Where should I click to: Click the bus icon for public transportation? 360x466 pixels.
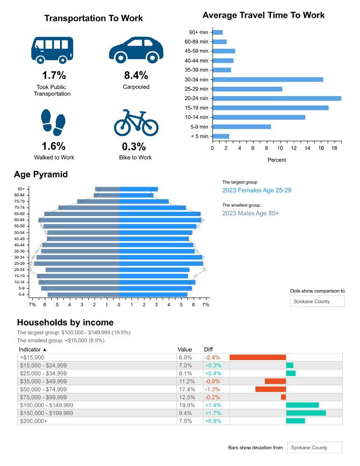tap(52, 49)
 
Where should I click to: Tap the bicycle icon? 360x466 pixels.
tap(136, 123)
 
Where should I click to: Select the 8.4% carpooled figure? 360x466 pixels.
tap(136, 75)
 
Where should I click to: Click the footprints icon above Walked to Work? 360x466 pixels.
tap(53, 121)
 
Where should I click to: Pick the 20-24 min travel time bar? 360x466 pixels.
tap(277, 98)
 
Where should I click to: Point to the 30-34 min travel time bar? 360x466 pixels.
tap(268, 80)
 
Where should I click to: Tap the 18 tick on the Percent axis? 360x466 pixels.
tap(335, 148)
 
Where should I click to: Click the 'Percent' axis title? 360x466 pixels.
tap(277, 160)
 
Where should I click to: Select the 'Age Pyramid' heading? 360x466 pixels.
tap(41, 174)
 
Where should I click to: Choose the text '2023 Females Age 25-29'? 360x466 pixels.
tap(257, 190)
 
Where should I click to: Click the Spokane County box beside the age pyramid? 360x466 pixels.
tap(317, 301)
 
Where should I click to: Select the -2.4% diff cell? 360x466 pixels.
tap(212, 357)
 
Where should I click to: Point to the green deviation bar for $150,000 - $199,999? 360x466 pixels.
tap(306, 413)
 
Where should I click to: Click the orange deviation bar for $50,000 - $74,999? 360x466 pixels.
tap(270, 389)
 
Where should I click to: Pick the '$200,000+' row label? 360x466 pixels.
tap(34, 421)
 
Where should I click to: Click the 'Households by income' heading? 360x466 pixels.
tap(65, 323)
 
